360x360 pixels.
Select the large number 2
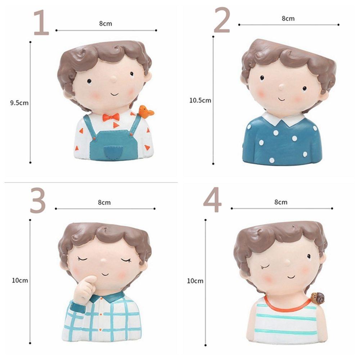pyautogui.click(x=222, y=21)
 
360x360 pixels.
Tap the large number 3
pyautogui.click(x=38, y=200)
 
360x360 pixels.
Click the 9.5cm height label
pyautogui.click(x=19, y=103)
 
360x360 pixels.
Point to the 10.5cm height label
pyautogui.click(x=200, y=100)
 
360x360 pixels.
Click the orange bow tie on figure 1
pyautogui.click(x=111, y=117)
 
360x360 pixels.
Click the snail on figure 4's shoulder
pyautogui.click(x=318, y=297)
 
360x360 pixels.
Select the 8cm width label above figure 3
pyautogui.click(x=104, y=202)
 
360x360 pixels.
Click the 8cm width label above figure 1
pyautogui.click(x=105, y=24)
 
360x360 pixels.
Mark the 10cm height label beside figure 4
pyautogui.click(x=195, y=281)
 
